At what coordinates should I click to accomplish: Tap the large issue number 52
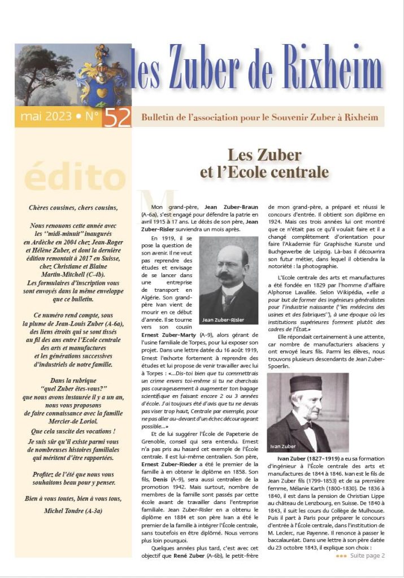pos(117,117)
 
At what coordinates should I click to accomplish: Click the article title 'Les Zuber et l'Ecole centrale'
pos(264,163)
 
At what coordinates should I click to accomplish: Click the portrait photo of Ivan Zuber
pos(300,412)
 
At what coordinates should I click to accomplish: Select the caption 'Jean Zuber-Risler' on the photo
pos(223,319)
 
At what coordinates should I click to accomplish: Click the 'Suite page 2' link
pos(367,555)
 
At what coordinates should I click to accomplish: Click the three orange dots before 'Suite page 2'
pos(341,555)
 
